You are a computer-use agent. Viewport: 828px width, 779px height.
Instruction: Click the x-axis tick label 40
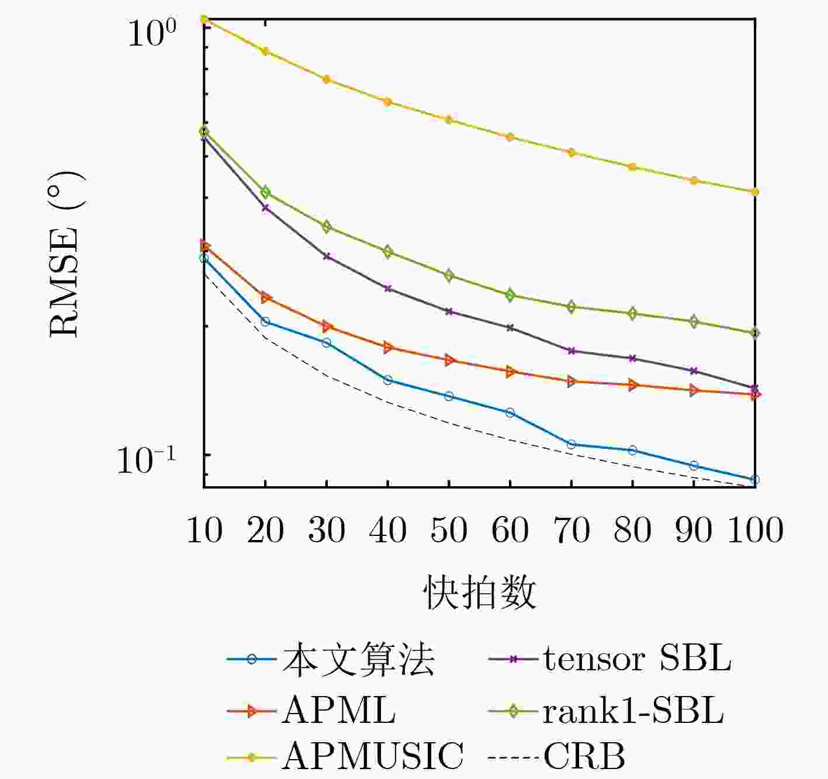pos(387,531)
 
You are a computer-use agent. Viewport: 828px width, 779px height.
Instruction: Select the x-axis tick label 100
pos(755,531)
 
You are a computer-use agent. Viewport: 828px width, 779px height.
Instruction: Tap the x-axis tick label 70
pos(571,531)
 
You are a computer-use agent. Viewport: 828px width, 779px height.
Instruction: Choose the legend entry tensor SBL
pos(637,659)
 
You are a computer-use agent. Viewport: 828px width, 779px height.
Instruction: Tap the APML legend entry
pos(338,711)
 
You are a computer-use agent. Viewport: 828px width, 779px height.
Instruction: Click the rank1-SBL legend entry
pos(633,711)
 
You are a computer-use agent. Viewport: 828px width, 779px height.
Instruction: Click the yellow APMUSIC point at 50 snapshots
pos(449,120)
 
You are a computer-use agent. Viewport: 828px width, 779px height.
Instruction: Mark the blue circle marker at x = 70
pos(571,445)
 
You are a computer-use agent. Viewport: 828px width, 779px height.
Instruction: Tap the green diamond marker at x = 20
pos(265,192)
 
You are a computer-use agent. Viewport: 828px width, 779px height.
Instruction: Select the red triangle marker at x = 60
pos(510,372)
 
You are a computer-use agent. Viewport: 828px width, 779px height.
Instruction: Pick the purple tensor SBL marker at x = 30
pos(327,257)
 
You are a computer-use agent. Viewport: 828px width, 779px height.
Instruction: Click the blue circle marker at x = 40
pos(387,380)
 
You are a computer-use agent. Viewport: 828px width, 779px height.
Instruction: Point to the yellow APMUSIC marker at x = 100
pos(755,192)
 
